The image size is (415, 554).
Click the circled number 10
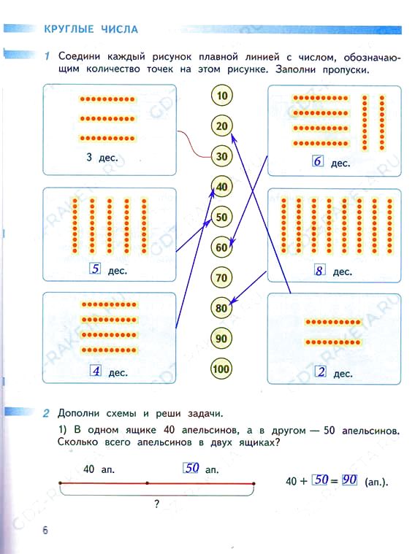[222, 96]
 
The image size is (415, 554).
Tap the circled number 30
[222, 156]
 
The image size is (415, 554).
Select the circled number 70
[221, 277]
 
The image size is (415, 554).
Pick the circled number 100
[221, 369]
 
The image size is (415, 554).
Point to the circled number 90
[221, 339]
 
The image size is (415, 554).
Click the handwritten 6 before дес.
[318, 161]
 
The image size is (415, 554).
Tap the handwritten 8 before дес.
[319, 270]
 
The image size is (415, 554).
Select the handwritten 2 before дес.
[321, 372]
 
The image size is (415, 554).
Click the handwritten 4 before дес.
[96, 371]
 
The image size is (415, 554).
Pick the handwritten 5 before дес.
[95, 269]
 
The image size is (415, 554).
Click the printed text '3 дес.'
[102, 157]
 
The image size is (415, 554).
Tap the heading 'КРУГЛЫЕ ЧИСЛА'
[91, 29]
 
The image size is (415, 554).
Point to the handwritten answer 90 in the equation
[349, 480]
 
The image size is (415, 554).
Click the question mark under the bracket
[157, 504]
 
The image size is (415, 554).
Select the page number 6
[45, 530]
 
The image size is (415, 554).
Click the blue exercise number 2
[46, 413]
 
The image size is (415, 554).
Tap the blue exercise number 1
[47, 56]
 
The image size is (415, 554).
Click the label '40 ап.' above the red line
[99, 469]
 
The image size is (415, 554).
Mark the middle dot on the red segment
[147, 482]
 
